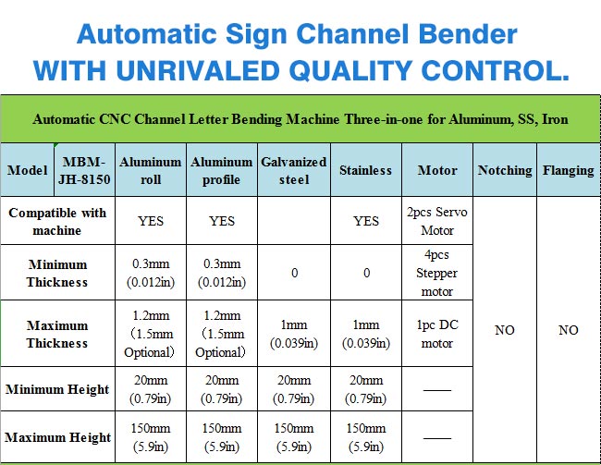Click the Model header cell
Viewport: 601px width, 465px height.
pyautogui.click(x=27, y=170)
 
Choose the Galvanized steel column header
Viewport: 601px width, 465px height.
pyautogui.click(x=294, y=170)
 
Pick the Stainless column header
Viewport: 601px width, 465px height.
pyautogui.click(x=365, y=170)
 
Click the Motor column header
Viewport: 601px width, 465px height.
pyautogui.click(x=437, y=170)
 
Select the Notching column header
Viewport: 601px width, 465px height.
pyautogui.click(x=505, y=170)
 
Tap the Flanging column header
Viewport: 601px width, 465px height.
pyautogui.click(x=569, y=170)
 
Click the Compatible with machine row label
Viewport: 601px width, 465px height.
pyautogui.click(x=57, y=221)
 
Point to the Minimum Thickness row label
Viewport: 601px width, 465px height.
pyautogui.click(x=57, y=273)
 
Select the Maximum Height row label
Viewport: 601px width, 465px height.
pyautogui.click(x=57, y=437)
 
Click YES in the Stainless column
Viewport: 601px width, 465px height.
pyautogui.click(x=366, y=221)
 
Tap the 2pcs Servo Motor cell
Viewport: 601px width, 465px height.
pyautogui.click(x=437, y=221)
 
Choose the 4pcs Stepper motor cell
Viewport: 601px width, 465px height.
pyautogui.click(x=437, y=273)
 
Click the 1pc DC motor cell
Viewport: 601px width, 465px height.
pyautogui.click(x=437, y=334)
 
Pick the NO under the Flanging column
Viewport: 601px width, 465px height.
pyautogui.click(x=569, y=330)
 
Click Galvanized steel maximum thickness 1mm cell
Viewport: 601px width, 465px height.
pyautogui.click(x=294, y=334)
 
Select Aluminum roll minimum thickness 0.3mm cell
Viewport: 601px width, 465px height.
pyautogui.click(x=150, y=273)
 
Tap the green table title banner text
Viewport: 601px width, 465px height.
pyautogui.click(x=300, y=119)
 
